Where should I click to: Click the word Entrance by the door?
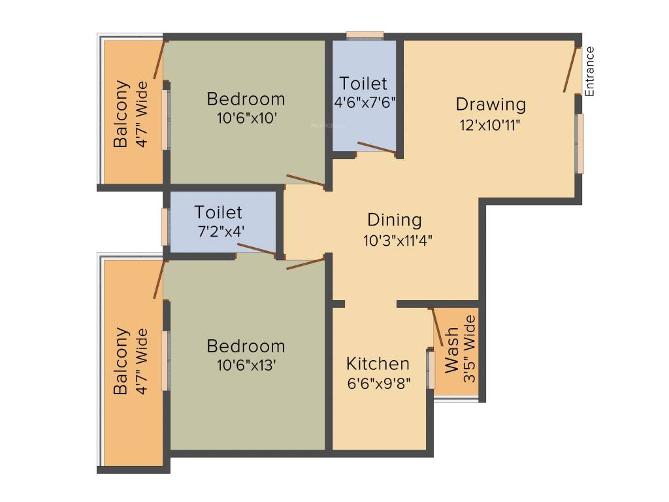pos(590,71)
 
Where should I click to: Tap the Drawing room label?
pos(490,104)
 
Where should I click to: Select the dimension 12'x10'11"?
pos(490,124)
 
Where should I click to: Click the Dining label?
pos(394,220)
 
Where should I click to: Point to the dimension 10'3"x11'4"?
pos(398,240)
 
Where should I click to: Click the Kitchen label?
pos(378,363)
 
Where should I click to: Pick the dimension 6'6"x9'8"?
pos(379,384)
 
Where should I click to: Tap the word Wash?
pos(451,351)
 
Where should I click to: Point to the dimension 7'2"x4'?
pos(219,232)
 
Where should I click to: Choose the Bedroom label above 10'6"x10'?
pos(246,99)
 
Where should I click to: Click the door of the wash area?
pos(436,331)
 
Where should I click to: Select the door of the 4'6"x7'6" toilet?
pos(376,148)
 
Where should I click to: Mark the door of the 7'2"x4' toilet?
pos(256,248)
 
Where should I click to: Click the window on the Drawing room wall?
pos(579,144)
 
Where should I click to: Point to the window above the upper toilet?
pos(365,35)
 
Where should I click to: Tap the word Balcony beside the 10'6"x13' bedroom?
pos(120,362)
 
